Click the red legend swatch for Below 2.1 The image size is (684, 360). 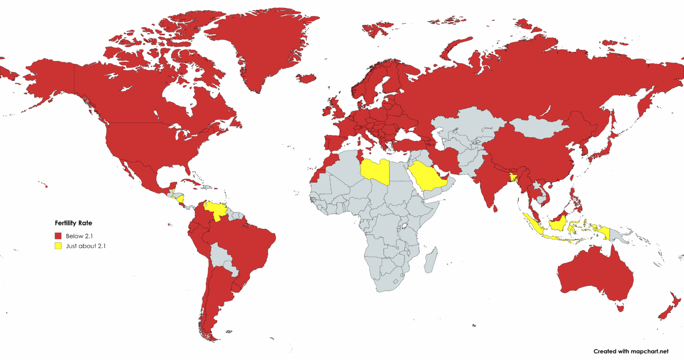pos(58,236)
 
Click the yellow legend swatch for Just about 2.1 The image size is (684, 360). pos(58,246)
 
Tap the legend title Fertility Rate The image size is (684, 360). pos(73,223)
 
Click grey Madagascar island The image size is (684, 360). pos(431,261)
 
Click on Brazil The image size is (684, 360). pos(249,245)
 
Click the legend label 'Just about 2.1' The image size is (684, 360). pos(85,246)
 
